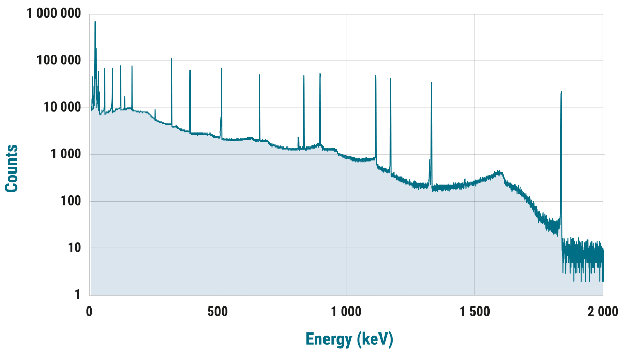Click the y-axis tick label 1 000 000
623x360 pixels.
[54, 14]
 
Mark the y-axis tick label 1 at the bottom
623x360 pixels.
[78, 295]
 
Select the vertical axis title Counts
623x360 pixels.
[11, 168]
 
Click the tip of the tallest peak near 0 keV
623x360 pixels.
[95, 22]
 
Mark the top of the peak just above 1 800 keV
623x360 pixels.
[562, 92]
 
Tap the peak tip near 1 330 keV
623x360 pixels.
[431, 83]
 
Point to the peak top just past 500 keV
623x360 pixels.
[221, 68]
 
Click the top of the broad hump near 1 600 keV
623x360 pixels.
[499, 171]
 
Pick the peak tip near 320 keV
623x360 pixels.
[172, 58]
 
